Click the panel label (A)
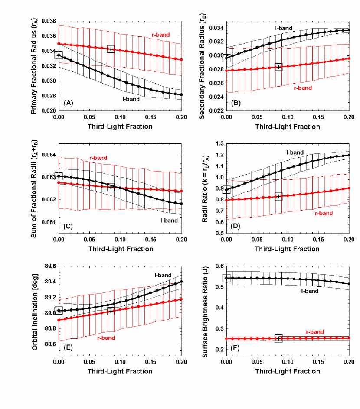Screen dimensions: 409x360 coord(68,103)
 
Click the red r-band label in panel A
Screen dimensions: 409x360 coord(160,35)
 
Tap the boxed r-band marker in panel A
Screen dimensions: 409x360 coord(111,49)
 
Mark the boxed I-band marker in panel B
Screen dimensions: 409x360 coord(226,58)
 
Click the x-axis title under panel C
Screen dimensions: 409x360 coord(120,249)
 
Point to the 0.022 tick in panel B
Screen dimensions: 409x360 coord(216,110)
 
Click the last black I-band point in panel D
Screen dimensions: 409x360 coord(349,155)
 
